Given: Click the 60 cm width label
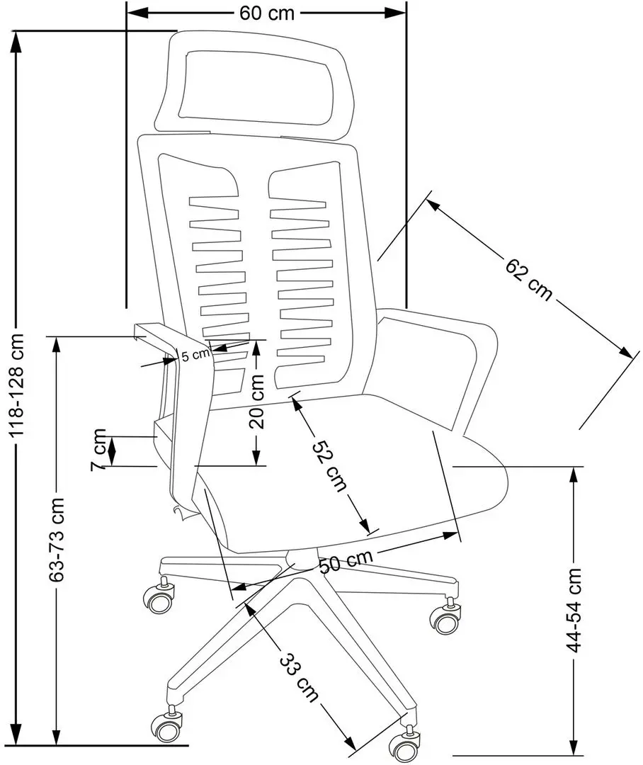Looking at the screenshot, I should coord(266,14).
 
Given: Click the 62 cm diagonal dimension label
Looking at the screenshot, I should coord(528,279).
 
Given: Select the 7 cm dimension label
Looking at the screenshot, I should coord(99,449).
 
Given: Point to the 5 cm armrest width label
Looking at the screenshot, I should coord(193,356).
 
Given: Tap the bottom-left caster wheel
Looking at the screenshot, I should coord(165,726).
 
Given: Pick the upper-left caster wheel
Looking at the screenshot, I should coord(159,599).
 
